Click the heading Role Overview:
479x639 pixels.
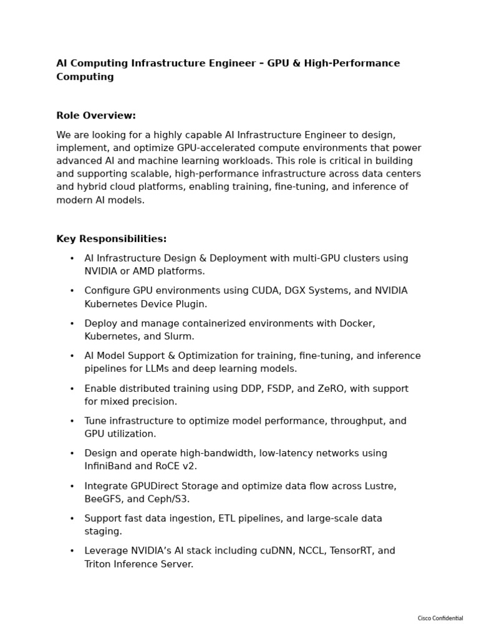(x=96, y=115)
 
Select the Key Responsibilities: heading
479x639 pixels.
(x=112, y=239)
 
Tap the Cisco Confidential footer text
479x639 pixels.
(x=440, y=618)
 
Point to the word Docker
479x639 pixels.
(x=357, y=323)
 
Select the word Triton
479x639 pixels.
(x=99, y=564)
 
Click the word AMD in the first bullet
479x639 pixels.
(x=142, y=271)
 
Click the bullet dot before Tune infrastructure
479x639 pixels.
(x=72, y=421)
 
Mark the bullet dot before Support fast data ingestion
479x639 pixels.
(x=72, y=519)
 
